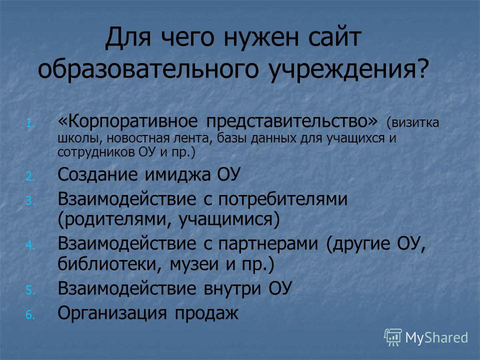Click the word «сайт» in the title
pos(334,37)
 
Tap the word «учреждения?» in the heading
pos(347,68)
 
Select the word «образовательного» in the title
pos(148,68)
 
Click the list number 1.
pos(31,123)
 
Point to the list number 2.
pos(31,176)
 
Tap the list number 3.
pos(31,201)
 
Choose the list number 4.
pos(31,245)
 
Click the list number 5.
pos(31,290)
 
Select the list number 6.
pos(31,314)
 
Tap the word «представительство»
pos(287,121)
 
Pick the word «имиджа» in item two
pos(177,175)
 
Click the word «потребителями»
pos(282,199)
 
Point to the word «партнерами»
pos(268,244)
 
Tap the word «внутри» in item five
pos(232,288)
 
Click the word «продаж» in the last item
pos(206,313)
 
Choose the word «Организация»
pos(112,313)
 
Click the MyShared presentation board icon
pos(393,337)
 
